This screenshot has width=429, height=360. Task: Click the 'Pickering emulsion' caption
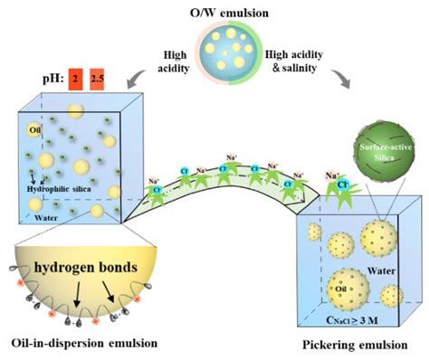[350, 344]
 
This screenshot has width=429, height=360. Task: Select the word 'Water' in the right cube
[383, 268]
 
